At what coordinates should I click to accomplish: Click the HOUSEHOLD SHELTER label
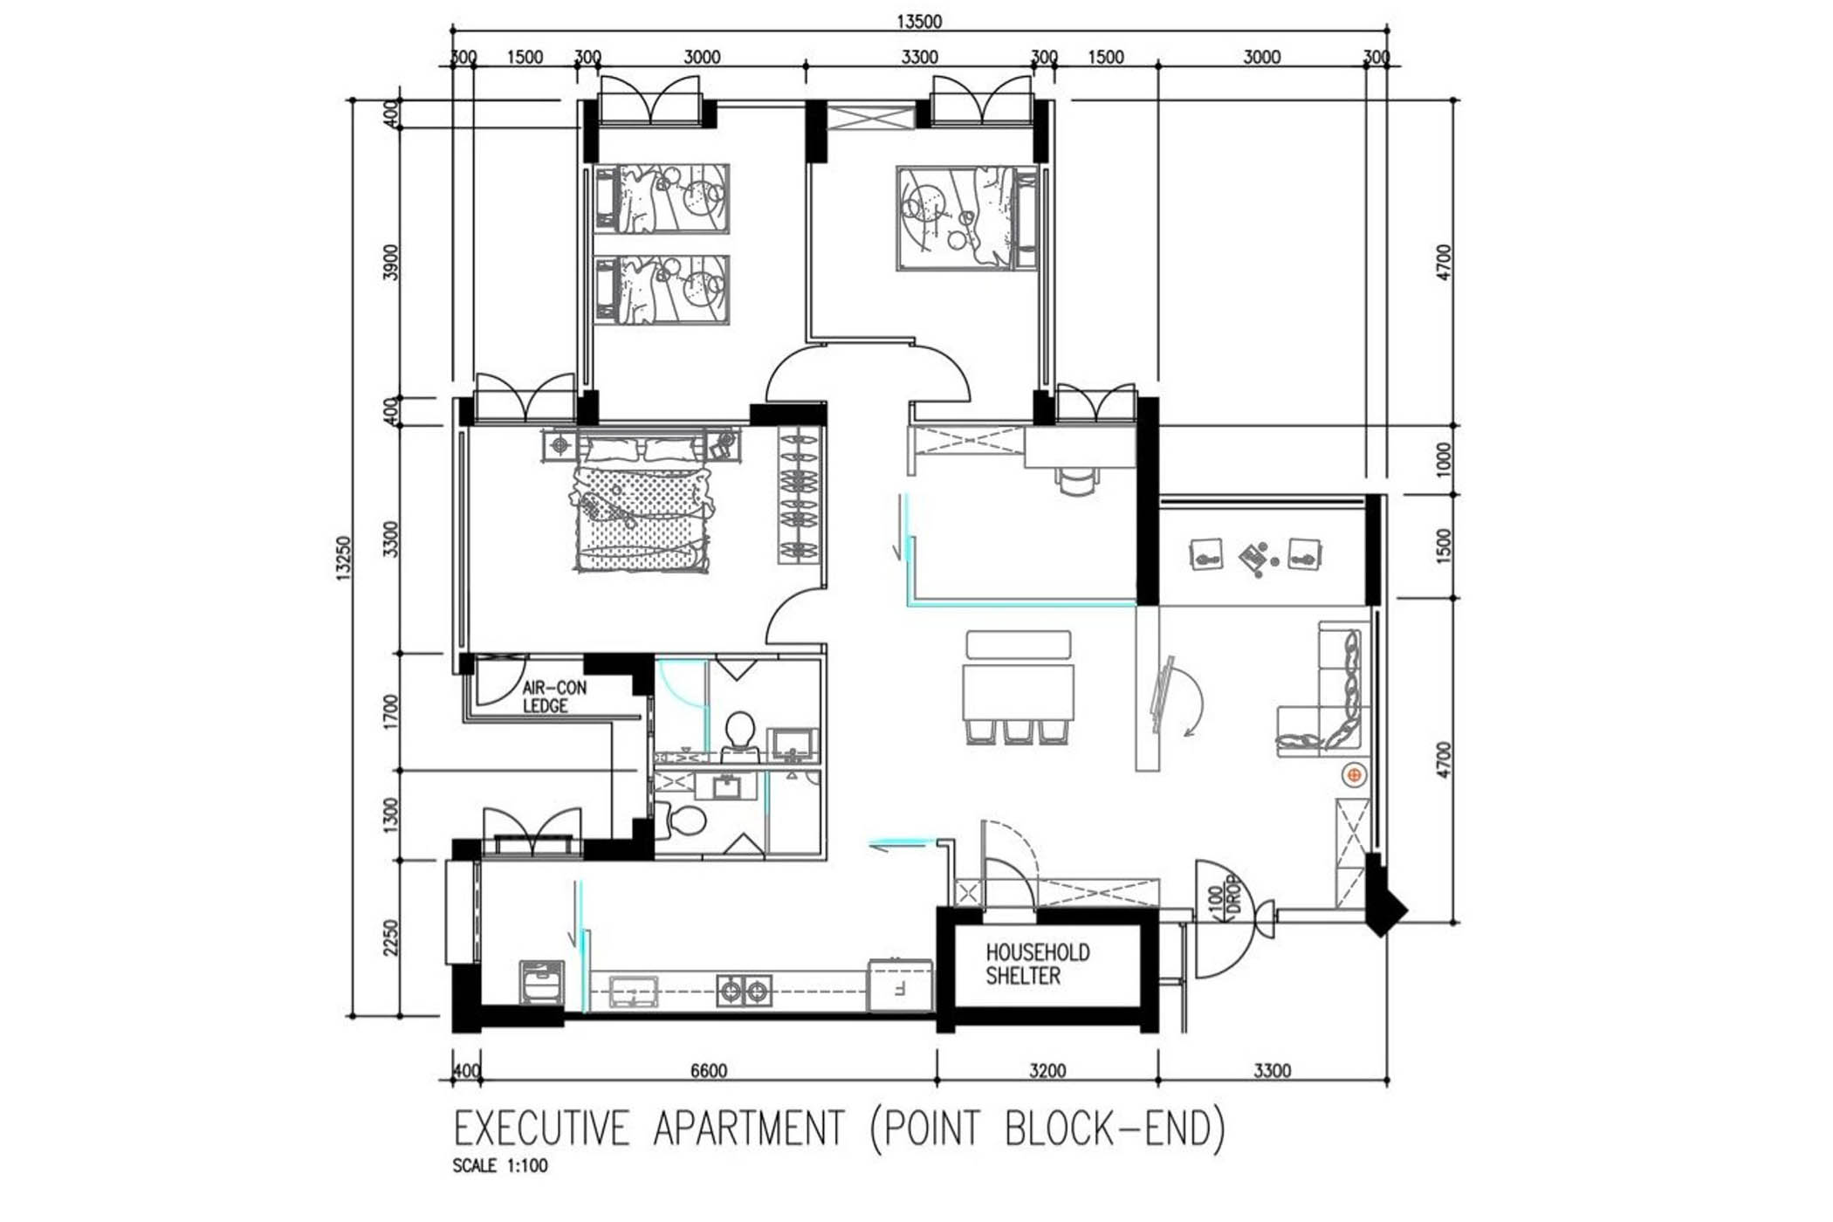1038,964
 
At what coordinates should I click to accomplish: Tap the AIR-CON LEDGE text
554,697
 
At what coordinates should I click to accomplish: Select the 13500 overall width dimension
919,21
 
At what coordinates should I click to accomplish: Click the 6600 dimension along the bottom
708,1071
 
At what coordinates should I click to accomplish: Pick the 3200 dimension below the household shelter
1047,1071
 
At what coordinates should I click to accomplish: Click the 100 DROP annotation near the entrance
1223,897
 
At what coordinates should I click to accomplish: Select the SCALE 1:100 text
500,1165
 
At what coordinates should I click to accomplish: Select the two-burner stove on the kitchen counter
744,990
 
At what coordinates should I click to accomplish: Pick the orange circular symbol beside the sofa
1354,774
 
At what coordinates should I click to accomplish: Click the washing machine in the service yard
541,983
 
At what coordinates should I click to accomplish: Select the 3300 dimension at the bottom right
1272,1071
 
